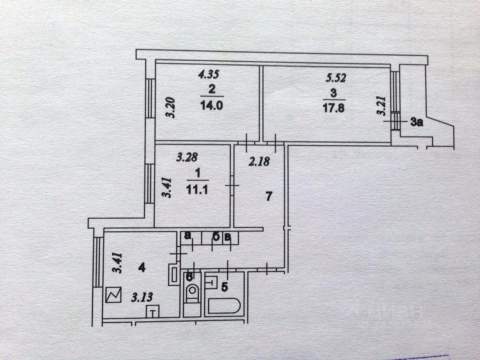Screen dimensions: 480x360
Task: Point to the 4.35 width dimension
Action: [209, 74]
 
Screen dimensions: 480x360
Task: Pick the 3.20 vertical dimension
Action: [170, 108]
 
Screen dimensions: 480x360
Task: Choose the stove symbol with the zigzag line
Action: [114, 296]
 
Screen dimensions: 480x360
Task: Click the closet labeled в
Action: [227, 238]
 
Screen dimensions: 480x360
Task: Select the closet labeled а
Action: [186, 236]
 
